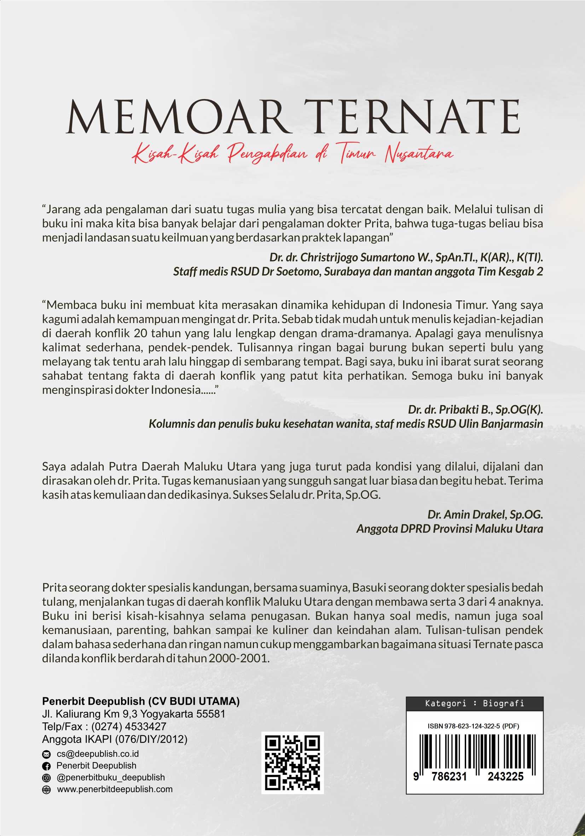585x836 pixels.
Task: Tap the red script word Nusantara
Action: pyautogui.click(x=419, y=154)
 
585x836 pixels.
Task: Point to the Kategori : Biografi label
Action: pyautogui.click(x=474, y=703)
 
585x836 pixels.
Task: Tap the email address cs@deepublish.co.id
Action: pyautogui.click(x=98, y=754)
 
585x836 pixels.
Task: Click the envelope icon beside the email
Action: pyautogui.click(x=46, y=754)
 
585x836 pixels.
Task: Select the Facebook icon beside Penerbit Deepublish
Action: pyautogui.click(x=46, y=766)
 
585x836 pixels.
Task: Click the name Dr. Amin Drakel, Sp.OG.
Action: pyautogui.click(x=485, y=514)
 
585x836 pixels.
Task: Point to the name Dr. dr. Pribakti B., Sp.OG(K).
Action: pyautogui.click(x=475, y=410)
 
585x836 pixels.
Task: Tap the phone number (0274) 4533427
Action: pyautogui.click(x=128, y=726)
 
